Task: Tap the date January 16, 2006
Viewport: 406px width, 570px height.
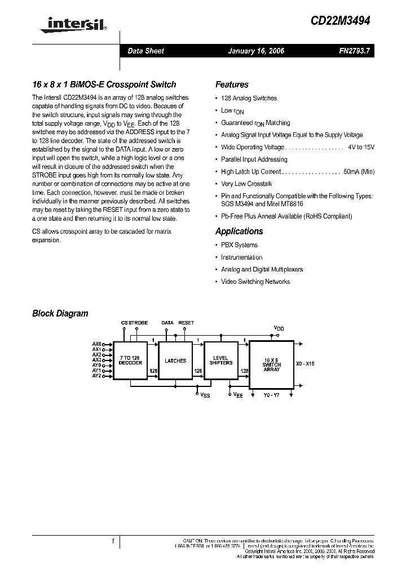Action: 256,51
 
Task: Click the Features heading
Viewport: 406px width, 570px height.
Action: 232,84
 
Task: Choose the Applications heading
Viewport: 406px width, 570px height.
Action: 239,231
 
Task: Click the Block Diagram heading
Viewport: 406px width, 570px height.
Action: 60,313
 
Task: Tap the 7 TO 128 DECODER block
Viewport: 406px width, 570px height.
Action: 130,360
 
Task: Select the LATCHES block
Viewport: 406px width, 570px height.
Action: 175,360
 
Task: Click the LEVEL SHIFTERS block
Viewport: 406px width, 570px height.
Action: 220,360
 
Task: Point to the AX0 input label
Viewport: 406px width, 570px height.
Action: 96,344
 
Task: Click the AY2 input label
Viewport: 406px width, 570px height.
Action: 96,375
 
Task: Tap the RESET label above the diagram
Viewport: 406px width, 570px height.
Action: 186,323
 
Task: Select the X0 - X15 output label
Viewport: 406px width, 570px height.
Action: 305,364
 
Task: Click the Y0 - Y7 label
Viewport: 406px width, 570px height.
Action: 272,395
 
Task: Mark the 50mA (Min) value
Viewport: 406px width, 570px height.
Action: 359,172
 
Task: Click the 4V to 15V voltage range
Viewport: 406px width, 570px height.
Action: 361,147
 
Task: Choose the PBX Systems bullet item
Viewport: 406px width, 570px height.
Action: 239,245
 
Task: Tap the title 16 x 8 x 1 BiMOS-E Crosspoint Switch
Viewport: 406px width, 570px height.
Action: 104,84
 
